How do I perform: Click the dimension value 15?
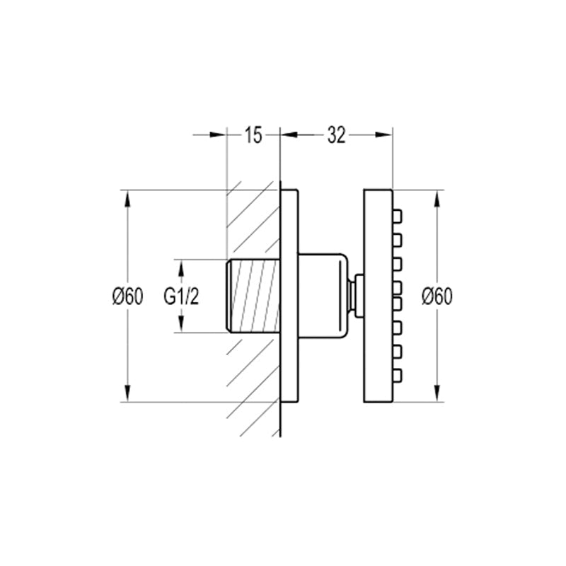click(x=253, y=135)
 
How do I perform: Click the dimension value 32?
click(x=337, y=135)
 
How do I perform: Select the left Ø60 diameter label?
click(x=128, y=296)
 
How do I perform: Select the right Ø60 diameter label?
click(x=437, y=296)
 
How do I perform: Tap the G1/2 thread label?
click(x=181, y=296)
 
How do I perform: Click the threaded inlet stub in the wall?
click(x=253, y=295)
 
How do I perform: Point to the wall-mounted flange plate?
click(x=289, y=296)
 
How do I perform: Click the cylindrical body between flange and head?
click(x=323, y=295)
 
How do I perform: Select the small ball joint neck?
click(x=356, y=296)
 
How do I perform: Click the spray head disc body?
click(x=378, y=296)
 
